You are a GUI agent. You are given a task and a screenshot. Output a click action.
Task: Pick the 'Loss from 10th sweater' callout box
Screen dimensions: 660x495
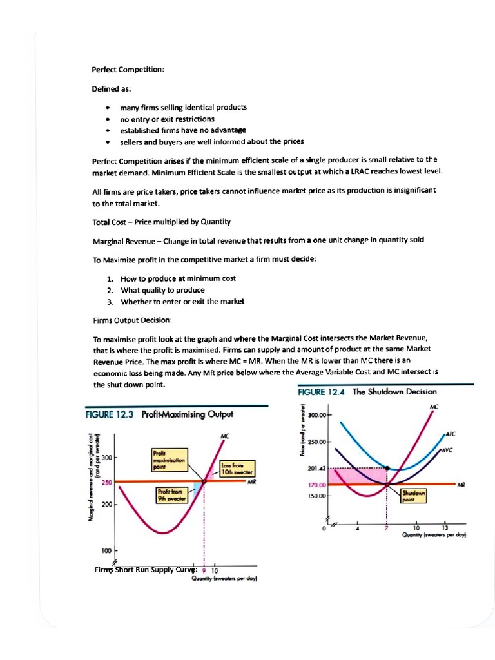click(x=236, y=468)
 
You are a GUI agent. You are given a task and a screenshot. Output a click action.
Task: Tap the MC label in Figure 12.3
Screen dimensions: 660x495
click(x=225, y=436)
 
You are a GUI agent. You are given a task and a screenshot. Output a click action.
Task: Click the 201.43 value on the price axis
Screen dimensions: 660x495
click(x=317, y=469)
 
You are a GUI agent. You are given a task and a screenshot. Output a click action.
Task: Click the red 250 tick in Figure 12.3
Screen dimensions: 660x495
click(x=106, y=481)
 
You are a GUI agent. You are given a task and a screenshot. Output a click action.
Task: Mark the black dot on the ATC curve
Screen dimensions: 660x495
click(x=386, y=469)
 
